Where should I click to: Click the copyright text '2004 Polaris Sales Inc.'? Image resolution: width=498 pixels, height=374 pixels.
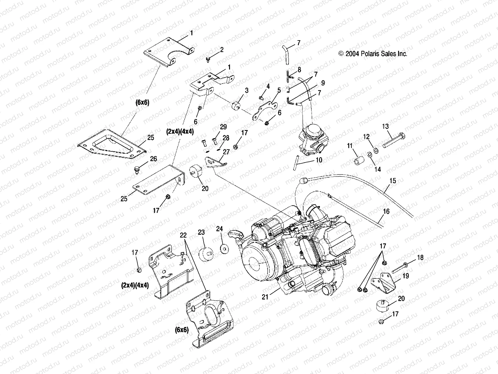click(372, 54)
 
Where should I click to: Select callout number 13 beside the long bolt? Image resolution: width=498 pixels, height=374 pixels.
click(385, 126)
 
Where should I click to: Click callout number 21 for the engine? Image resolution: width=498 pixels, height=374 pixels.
click(265, 297)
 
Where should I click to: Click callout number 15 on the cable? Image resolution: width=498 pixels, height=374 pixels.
click(393, 181)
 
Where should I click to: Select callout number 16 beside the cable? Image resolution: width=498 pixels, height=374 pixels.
click(386, 212)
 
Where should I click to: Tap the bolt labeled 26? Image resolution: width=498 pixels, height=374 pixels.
click(137, 170)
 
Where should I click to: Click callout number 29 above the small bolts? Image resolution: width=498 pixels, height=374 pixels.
click(223, 127)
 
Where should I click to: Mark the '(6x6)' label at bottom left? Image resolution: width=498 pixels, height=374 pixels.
click(181, 330)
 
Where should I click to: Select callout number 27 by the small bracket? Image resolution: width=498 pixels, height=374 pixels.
click(226, 152)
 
